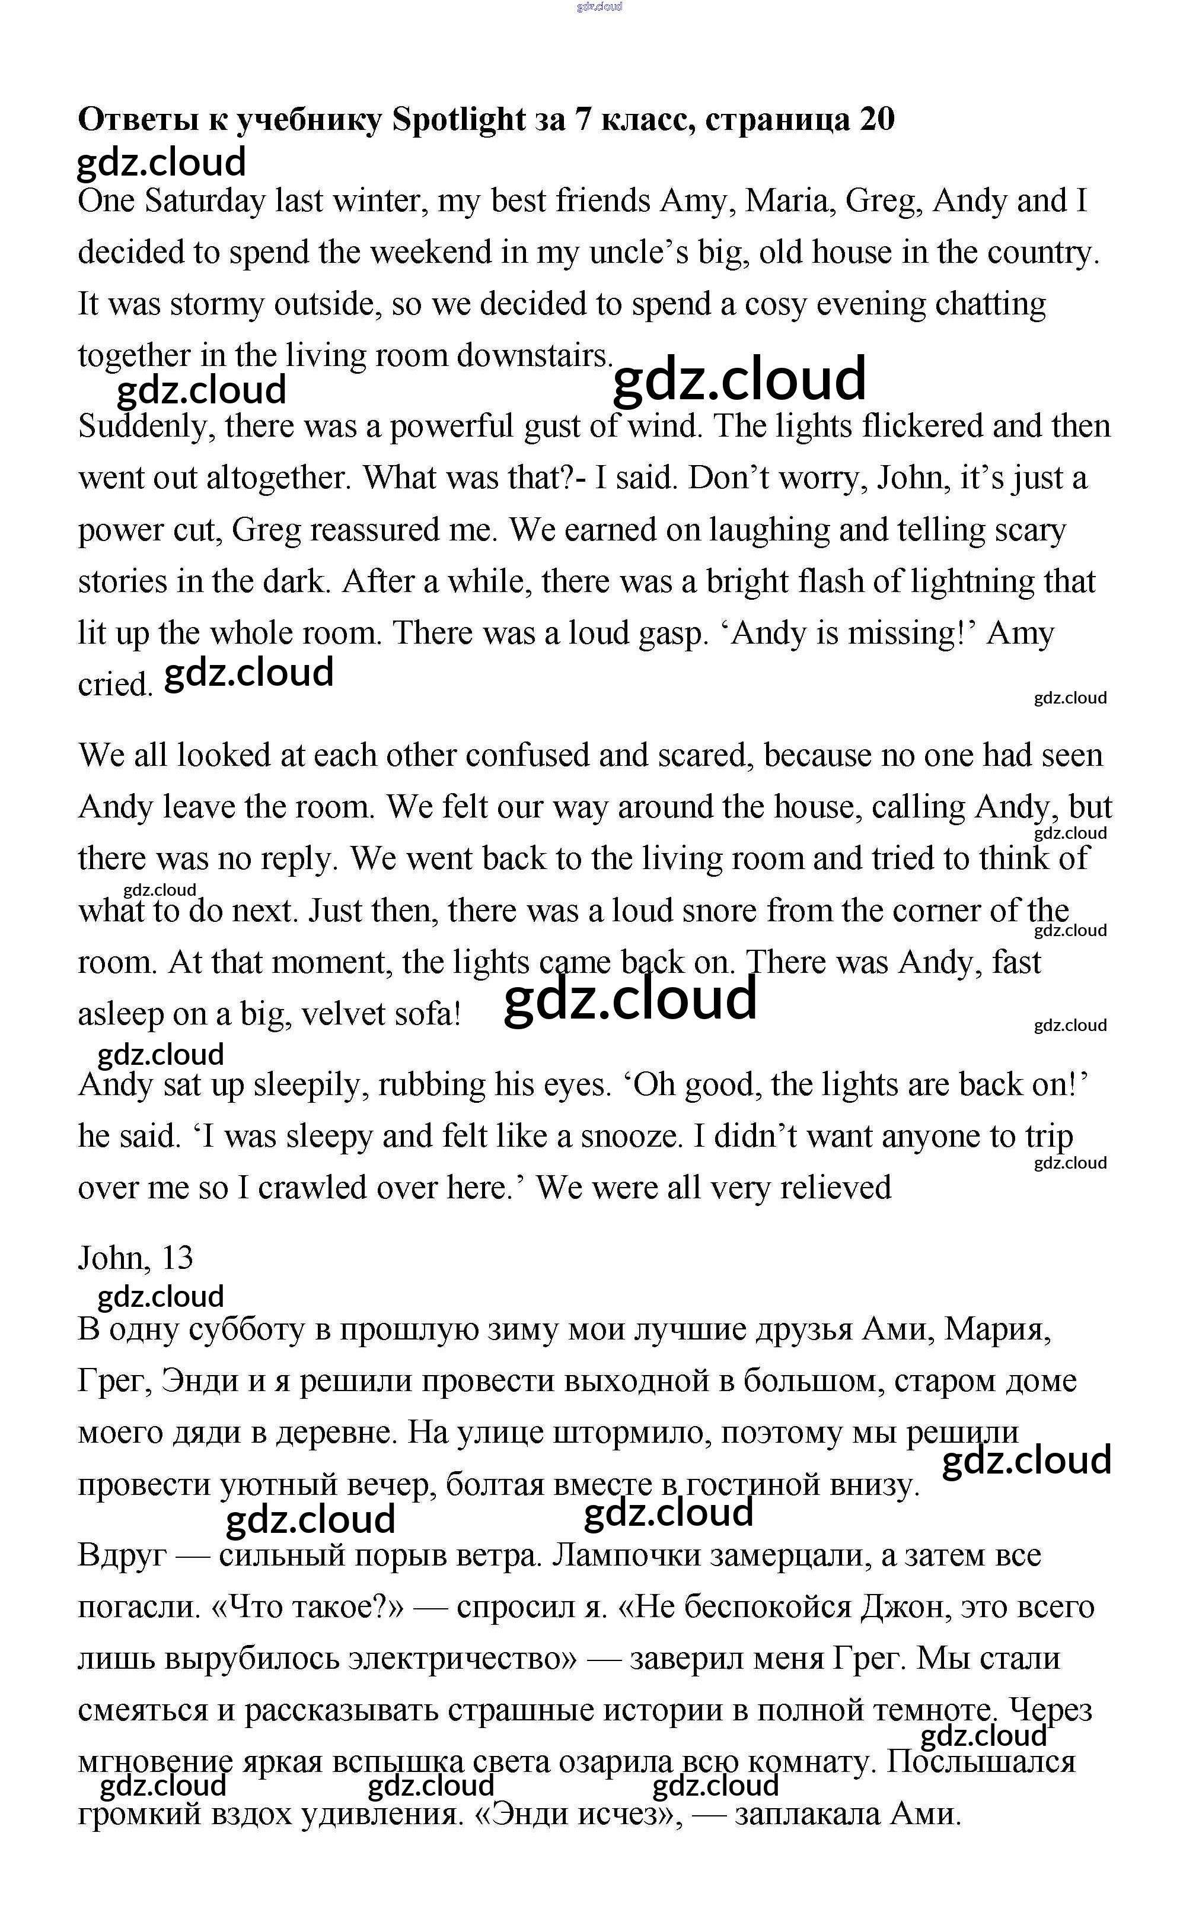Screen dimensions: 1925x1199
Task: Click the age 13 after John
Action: click(x=176, y=1258)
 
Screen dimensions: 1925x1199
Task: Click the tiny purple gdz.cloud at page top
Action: click(x=599, y=7)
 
